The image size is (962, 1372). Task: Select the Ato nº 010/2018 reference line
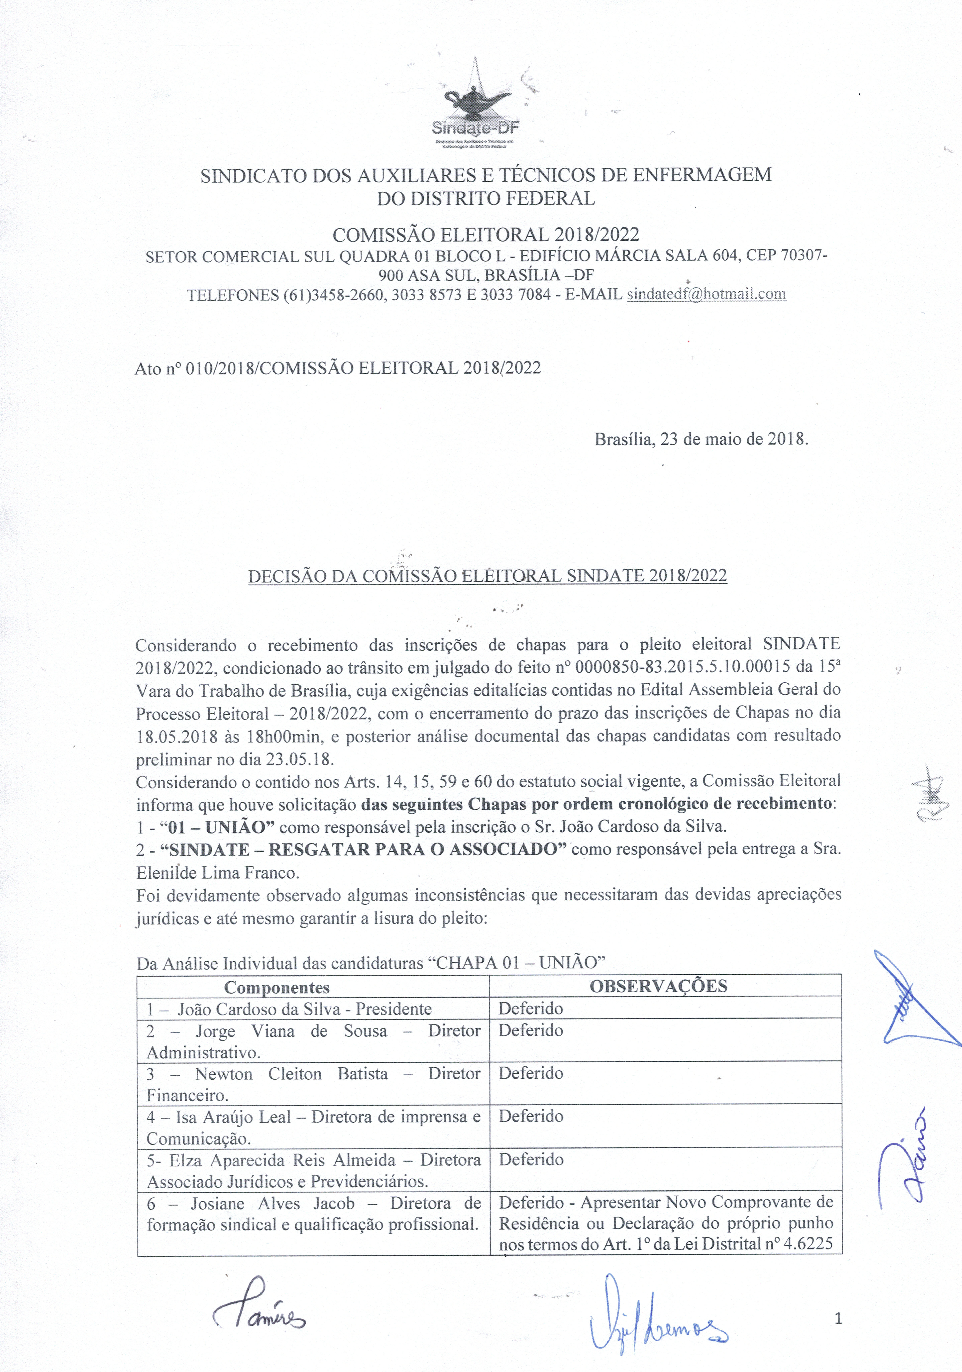(x=338, y=368)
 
